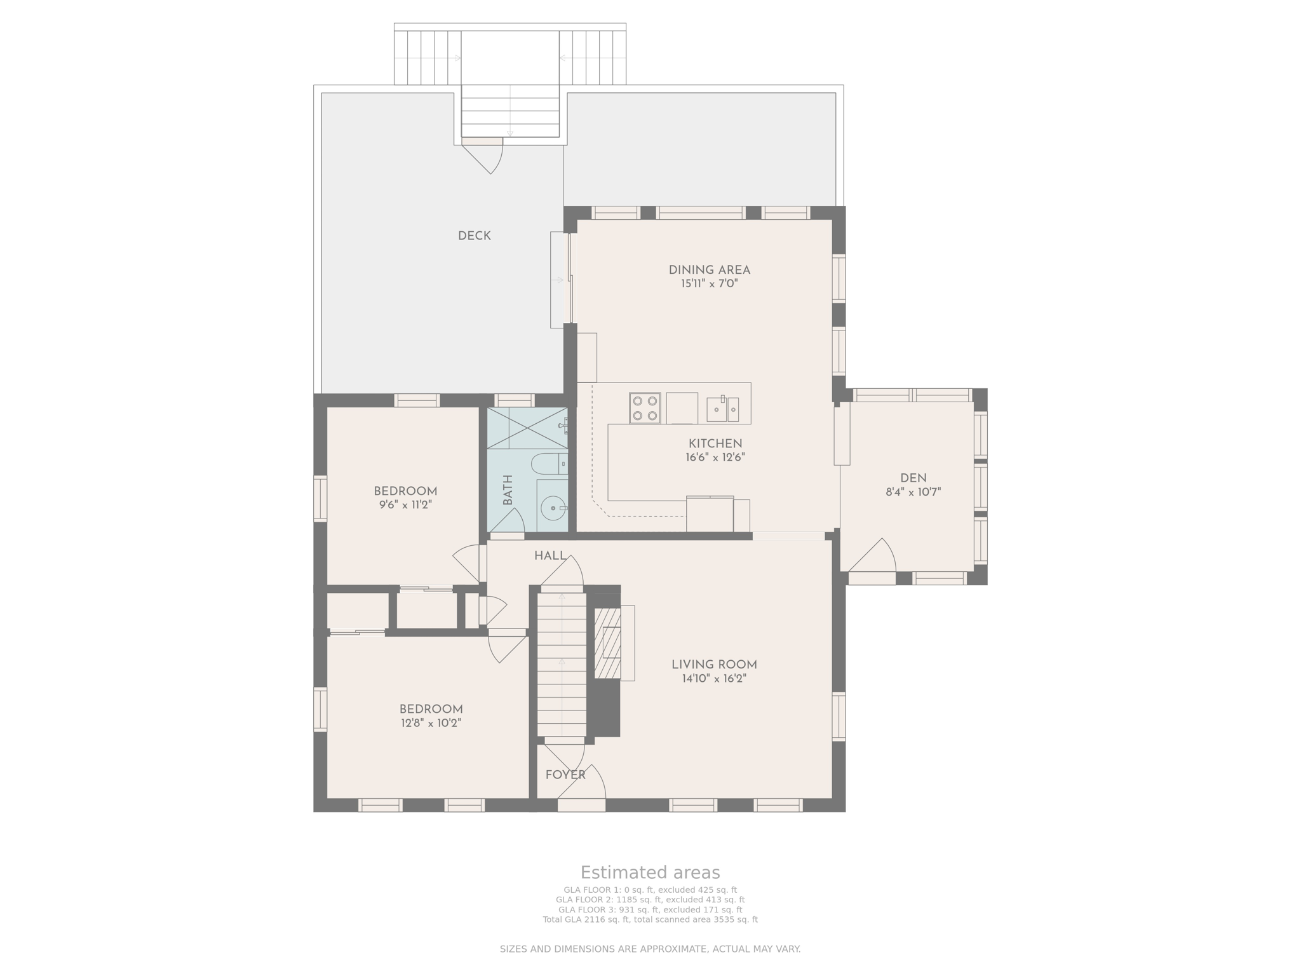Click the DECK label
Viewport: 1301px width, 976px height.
(474, 236)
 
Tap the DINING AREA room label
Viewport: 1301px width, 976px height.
(709, 270)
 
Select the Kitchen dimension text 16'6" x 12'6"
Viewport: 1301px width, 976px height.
(715, 457)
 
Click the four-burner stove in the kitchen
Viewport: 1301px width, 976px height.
(645, 408)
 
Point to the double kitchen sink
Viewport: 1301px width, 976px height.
(723, 409)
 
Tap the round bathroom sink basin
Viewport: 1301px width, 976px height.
(553, 508)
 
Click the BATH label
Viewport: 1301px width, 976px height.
(508, 491)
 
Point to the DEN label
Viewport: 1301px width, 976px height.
(913, 478)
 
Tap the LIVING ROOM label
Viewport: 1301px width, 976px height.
(714, 665)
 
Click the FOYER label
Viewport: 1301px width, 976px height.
(565, 775)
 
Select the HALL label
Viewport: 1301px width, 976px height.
(550, 556)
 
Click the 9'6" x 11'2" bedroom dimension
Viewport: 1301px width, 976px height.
(405, 505)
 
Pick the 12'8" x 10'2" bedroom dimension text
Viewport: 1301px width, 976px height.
(431, 723)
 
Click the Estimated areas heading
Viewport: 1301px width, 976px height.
(650, 872)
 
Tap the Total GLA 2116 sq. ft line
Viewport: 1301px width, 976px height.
(650, 919)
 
